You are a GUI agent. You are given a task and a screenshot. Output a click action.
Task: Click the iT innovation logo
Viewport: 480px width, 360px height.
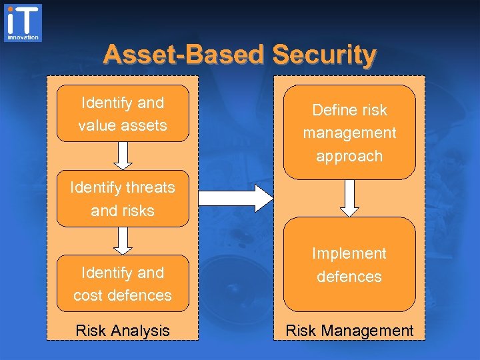coord(23,23)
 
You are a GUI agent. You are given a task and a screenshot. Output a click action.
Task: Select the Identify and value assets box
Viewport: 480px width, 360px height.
coord(123,114)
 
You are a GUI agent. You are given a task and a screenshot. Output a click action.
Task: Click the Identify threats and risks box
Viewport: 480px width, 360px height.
coord(123,199)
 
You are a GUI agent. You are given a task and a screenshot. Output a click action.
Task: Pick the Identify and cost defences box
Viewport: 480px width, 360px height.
coord(123,283)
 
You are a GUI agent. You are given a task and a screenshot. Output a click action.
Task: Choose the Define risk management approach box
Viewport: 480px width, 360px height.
coord(349,133)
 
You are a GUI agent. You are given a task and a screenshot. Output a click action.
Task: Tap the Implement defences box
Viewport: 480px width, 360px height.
coord(349,265)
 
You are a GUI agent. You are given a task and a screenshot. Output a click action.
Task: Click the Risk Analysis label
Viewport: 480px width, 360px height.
coord(123,330)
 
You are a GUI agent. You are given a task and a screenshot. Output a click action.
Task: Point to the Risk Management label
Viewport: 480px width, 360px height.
coord(349,330)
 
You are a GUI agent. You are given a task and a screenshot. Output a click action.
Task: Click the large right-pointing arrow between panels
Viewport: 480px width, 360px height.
coord(237,198)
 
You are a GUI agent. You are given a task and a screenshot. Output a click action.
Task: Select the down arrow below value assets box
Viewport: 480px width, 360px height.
coord(123,155)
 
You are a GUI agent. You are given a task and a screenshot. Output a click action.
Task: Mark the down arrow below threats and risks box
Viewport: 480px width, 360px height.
coord(123,241)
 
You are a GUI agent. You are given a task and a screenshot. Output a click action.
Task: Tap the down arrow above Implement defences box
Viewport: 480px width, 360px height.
coord(349,198)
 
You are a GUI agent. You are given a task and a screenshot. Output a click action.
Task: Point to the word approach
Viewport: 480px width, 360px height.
coord(349,156)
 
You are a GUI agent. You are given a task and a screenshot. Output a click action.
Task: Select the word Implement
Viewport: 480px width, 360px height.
coord(349,253)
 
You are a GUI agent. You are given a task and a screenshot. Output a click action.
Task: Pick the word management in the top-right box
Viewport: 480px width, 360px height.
coord(349,133)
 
